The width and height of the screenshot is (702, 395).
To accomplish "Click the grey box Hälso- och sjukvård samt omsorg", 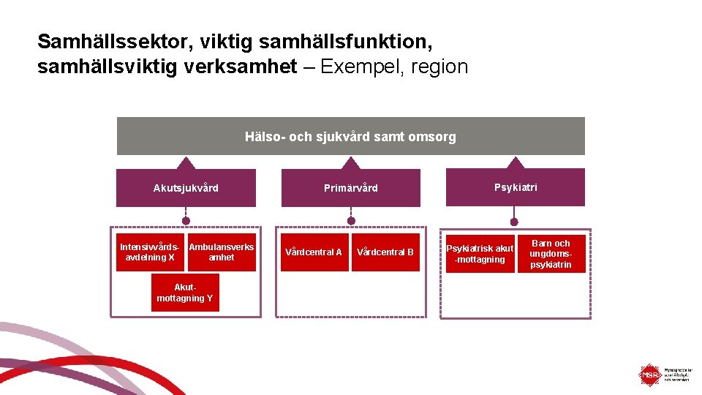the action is pos(350,137).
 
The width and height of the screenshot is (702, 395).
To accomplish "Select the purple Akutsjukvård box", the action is pos(186,188).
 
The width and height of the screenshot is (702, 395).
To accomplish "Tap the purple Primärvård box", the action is pos(351,188).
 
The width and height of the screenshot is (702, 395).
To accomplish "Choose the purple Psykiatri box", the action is pos(515,188).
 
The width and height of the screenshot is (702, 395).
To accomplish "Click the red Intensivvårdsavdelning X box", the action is pos(150,252).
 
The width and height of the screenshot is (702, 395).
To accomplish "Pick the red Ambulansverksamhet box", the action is pos(222,252).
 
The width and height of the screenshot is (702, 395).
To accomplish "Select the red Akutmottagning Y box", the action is pos(185,293).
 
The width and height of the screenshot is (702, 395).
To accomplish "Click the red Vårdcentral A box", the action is pos(314,252).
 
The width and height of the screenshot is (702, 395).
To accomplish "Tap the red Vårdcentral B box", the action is pos(385,252).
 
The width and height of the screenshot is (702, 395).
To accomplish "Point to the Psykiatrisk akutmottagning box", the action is pos(480,253).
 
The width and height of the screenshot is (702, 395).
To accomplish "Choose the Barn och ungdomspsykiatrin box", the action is pos(551,254).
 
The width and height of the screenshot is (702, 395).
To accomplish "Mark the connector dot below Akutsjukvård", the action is pos(186,220).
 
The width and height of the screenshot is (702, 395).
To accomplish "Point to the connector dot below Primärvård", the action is pos(351,220).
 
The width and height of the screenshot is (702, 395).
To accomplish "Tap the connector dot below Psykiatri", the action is pos(514,221).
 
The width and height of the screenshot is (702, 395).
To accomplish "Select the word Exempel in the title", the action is pos(363,67).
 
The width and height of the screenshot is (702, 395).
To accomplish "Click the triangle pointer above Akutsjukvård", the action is pos(186,163).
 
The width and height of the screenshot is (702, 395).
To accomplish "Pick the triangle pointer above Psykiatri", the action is pos(516,162).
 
